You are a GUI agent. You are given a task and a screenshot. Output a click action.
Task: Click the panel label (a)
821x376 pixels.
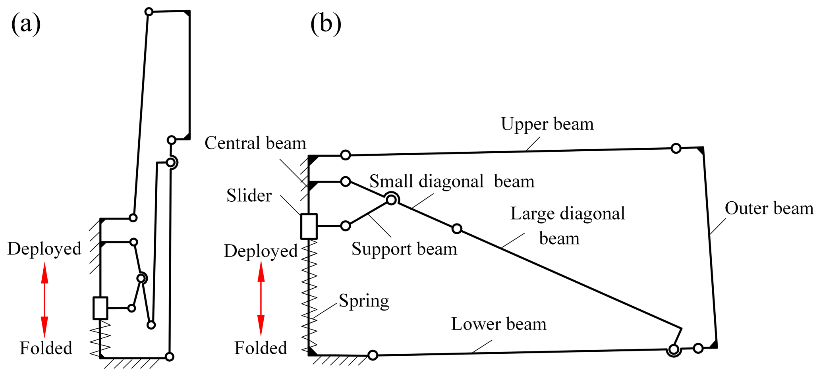click(26, 24)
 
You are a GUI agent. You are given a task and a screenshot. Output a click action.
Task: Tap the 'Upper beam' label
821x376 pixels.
click(547, 124)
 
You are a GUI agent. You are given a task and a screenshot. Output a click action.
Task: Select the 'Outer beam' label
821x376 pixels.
click(769, 208)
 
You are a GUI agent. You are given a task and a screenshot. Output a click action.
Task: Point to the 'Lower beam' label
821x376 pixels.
click(498, 324)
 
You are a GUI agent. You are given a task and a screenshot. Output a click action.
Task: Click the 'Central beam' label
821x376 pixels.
click(255, 143)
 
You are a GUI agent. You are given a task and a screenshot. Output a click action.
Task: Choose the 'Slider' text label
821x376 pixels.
click(249, 196)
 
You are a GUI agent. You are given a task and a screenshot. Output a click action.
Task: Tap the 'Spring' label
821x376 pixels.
click(364, 301)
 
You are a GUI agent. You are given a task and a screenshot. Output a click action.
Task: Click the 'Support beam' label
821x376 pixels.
click(404, 249)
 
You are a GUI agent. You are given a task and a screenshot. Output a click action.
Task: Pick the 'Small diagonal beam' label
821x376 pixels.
click(452, 182)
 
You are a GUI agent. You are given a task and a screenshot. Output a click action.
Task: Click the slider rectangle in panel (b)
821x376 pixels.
click(309, 226)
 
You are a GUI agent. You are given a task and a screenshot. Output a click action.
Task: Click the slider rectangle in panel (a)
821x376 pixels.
click(100, 308)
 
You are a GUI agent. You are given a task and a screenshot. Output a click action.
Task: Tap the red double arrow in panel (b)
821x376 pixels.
click(261, 299)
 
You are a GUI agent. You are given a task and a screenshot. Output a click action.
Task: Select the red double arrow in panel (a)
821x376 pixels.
click(44, 299)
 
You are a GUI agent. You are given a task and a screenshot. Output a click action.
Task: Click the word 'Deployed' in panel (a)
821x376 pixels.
click(44, 249)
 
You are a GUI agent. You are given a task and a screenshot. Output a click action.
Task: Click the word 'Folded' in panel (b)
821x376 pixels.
click(261, 348)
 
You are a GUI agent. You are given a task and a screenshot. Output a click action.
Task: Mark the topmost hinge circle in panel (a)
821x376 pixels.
click(149, 12)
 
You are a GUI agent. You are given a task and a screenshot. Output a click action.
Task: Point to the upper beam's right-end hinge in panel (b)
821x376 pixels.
click(676, 148)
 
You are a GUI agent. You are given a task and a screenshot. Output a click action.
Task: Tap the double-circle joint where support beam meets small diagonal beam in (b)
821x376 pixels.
click(391, 200)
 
